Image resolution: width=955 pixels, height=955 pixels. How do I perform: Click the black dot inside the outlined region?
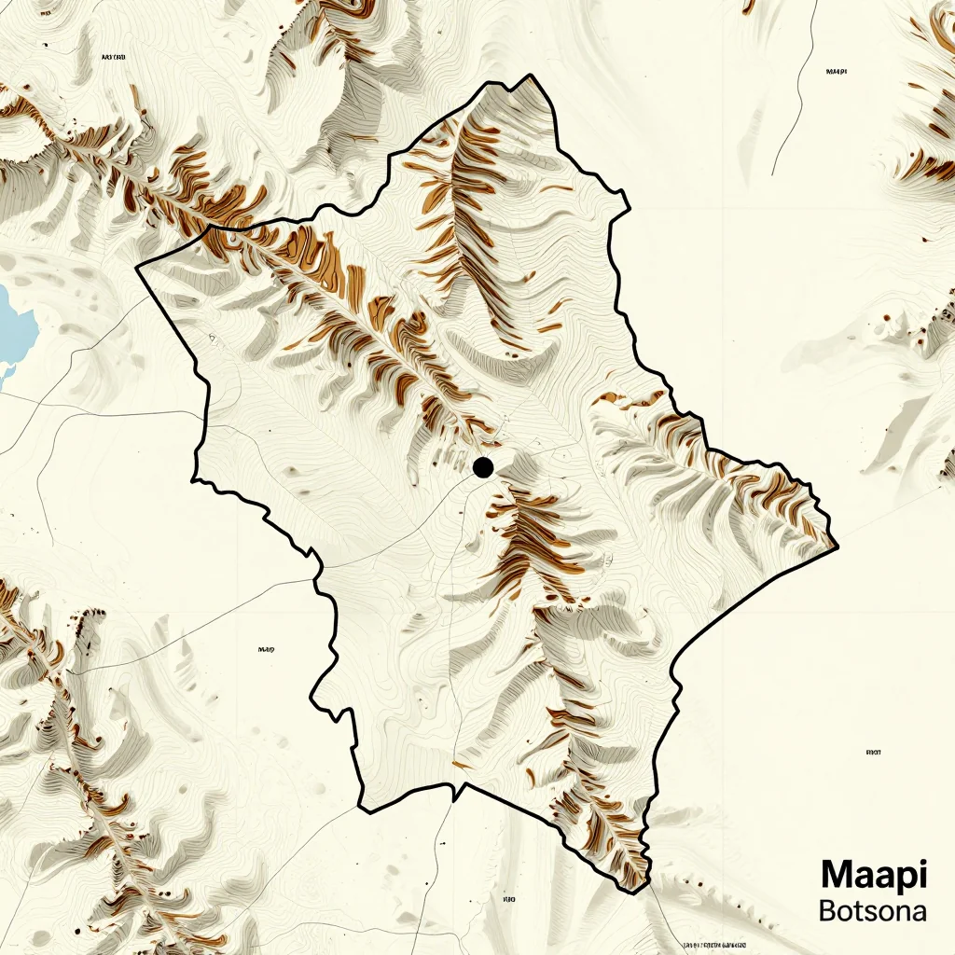(483, 467)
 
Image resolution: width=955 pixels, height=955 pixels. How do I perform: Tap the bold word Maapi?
(874, 875)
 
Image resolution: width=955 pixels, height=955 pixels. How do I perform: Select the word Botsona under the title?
(872, 910)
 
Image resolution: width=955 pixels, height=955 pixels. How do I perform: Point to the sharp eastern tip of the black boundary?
(837, 546)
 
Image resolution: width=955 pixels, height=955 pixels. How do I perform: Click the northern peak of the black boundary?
(531, 76)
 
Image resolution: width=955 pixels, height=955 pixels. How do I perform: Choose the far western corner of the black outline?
(137, 268)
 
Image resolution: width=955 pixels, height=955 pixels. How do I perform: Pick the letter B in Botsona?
(828, 910)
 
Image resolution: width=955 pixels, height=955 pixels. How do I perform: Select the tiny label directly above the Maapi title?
(874, 752)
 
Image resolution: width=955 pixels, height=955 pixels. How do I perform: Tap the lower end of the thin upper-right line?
(774, 174)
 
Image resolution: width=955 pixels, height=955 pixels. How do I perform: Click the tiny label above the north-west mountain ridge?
(113, 58)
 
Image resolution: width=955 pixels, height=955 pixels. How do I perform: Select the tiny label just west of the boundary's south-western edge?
(266, 649)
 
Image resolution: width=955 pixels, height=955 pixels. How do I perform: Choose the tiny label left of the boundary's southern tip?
(509, 900)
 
